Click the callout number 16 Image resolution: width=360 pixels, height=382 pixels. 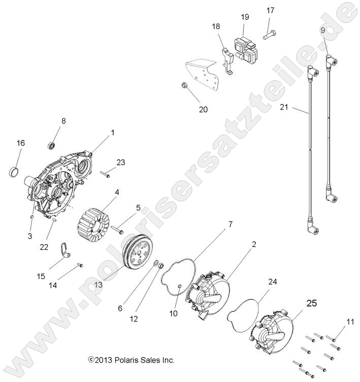click(x=20, y=143)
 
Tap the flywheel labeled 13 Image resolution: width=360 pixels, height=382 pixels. click(x=138, y=252)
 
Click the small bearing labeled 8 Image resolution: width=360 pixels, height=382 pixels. click(x=52, y=146)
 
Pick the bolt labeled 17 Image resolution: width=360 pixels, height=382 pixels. click(x=269, y=35)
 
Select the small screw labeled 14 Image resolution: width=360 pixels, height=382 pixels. click(x=80, y=265)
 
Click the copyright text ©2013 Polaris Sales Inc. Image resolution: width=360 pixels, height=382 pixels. click(x=132, y=360)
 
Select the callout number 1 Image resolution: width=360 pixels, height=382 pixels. click(x=112, y=132)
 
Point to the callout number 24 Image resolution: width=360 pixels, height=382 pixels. click(x=273, y=281)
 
